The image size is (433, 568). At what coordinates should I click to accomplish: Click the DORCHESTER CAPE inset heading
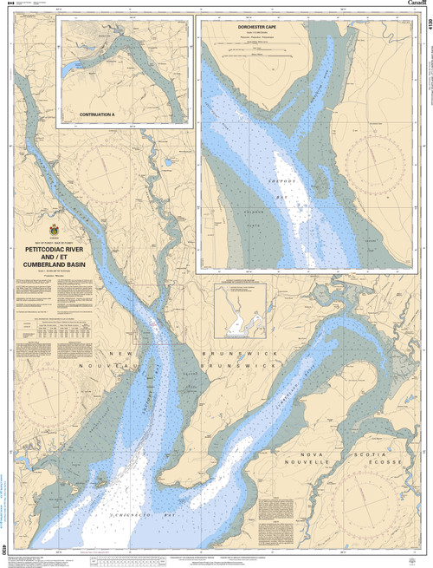pyautogui.click(x=272, y=27)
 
